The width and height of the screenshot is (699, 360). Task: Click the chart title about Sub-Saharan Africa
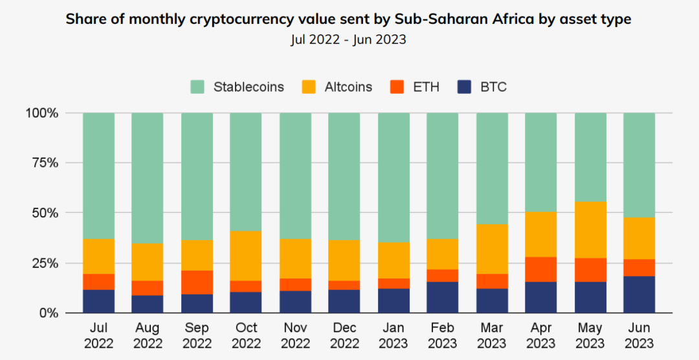348,19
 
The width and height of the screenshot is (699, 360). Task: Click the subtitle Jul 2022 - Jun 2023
348,39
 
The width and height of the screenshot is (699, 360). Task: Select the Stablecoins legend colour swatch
198,87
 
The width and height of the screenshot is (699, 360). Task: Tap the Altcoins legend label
348,87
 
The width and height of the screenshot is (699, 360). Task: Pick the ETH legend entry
426,87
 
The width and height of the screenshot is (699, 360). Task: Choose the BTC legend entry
493,87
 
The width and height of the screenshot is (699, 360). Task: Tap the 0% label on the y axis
49,313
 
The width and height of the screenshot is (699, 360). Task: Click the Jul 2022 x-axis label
98,335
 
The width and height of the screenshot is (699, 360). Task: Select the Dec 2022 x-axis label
344,335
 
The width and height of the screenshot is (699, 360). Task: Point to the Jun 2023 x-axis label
639,335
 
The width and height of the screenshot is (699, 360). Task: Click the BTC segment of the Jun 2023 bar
639,295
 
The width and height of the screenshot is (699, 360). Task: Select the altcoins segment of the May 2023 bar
590,230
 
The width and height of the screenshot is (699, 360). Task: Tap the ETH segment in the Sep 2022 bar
197,282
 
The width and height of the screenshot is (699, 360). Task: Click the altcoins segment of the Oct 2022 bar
246,256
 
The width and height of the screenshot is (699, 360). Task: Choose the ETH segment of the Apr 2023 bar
541,269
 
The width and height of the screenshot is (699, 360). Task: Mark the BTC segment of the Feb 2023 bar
443,297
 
